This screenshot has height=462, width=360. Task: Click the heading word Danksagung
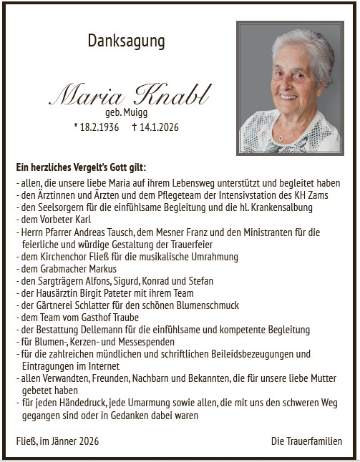click(x=126, y=41)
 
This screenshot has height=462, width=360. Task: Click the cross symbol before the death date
click(x=134, y=127)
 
